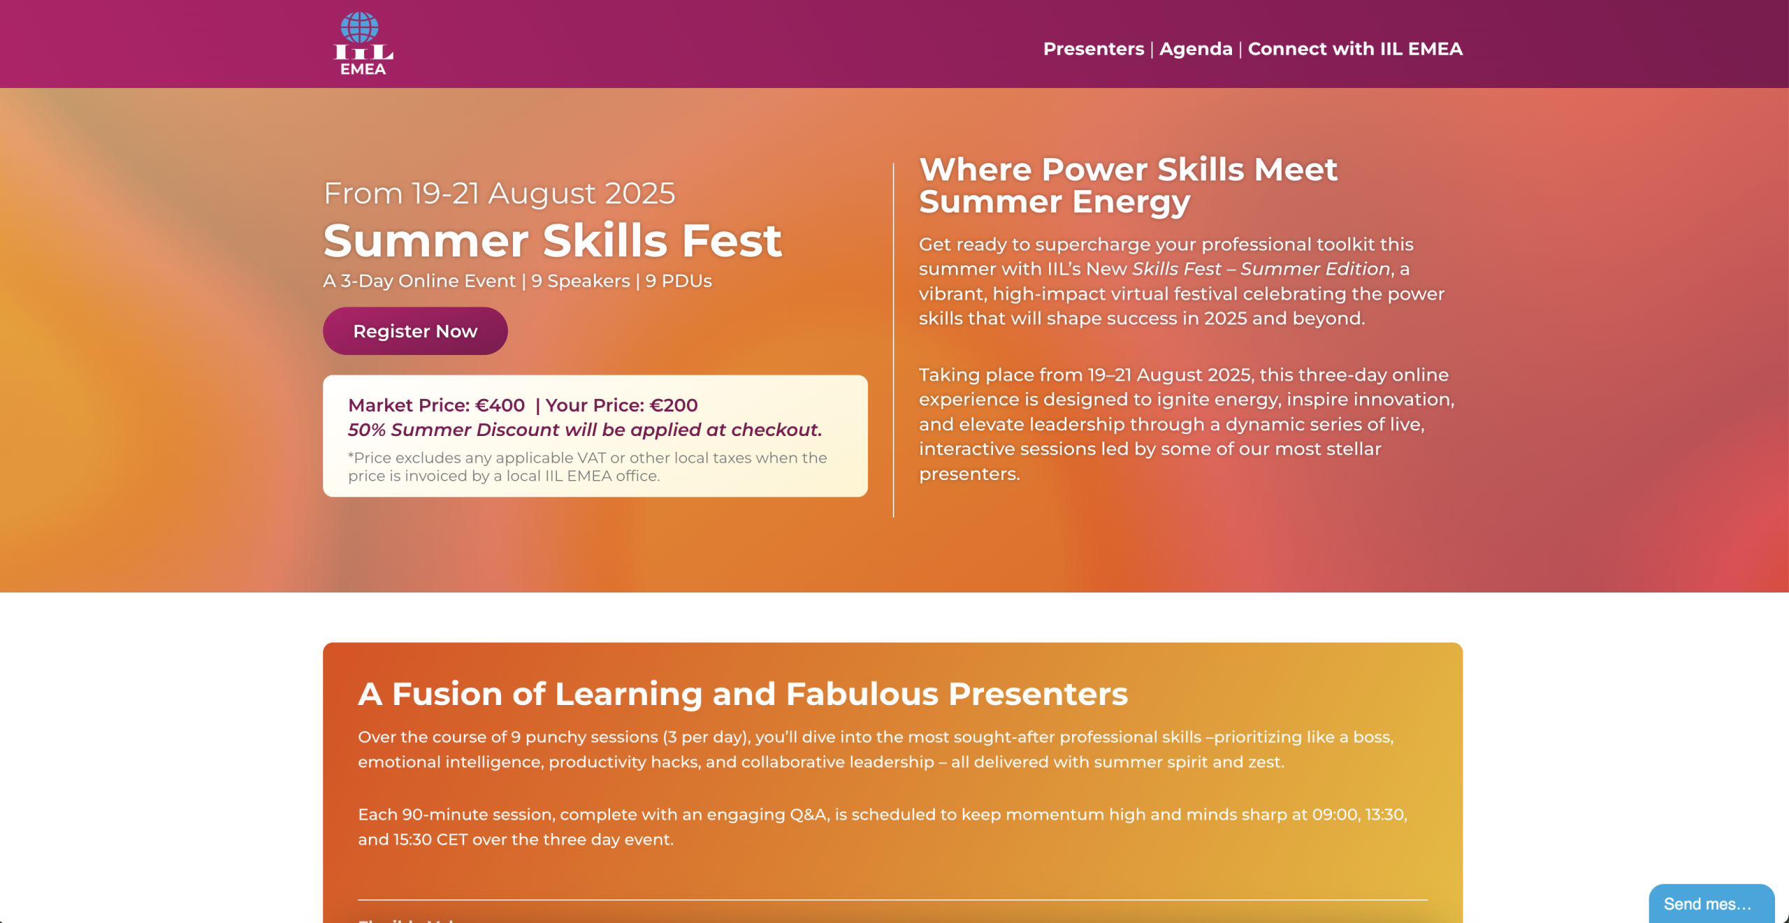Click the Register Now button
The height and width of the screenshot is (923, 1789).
click(415, 331)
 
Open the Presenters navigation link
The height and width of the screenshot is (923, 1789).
click(1094, 49)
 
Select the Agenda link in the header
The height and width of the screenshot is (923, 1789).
click(1196, 49)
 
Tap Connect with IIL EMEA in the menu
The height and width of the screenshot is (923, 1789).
click(1355, 49)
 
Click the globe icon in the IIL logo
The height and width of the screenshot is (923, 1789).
click(360, 27)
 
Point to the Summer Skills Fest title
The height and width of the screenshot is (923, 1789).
click(552, 240)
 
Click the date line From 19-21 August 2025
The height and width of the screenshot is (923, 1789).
click(500, 194)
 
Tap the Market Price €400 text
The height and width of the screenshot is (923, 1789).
click(436, 405)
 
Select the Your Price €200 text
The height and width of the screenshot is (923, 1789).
click(621, 405)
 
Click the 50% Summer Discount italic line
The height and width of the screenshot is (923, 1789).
click(585, 430)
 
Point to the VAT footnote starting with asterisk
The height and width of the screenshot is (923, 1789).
click(588, 467)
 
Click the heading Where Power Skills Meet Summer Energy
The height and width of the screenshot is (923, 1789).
click(1128, 186)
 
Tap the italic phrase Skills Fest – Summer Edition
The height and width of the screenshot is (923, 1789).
click(1261, 269)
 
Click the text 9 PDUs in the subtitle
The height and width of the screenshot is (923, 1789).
click(679, 281)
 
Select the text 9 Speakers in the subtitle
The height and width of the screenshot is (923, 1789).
click(581, 281)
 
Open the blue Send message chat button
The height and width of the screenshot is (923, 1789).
click(1711, 903)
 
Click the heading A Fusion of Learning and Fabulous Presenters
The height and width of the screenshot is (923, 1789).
click(743, 694)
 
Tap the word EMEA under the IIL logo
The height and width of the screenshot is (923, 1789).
click(363, 69)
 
